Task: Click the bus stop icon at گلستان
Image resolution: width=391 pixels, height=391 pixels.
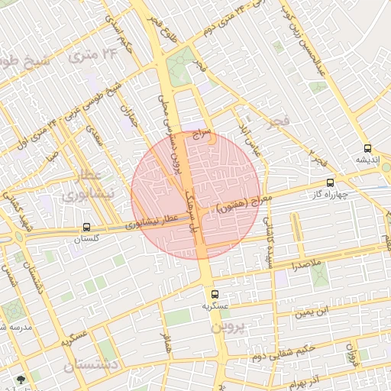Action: pyautogui.click(x=86, y=227)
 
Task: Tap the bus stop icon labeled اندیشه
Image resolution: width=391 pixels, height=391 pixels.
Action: pyautogui.click(x=368, y=148)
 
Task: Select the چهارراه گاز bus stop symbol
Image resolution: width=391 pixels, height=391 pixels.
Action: pyautogui.click(x=330, y=183)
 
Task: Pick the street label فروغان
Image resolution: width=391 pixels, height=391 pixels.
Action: pyautogui.click(x=352, y=354)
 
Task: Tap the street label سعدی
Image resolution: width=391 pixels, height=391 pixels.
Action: pyautogui.click(x=95, y=135)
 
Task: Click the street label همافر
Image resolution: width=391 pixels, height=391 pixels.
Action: pyautogui.click(x=163, y=345)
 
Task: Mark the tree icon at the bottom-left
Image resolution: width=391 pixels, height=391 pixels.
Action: pyautogui.click(x=21, y=380)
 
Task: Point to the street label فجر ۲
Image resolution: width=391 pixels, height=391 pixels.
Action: pyautogui.click(x=318, y=160)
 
